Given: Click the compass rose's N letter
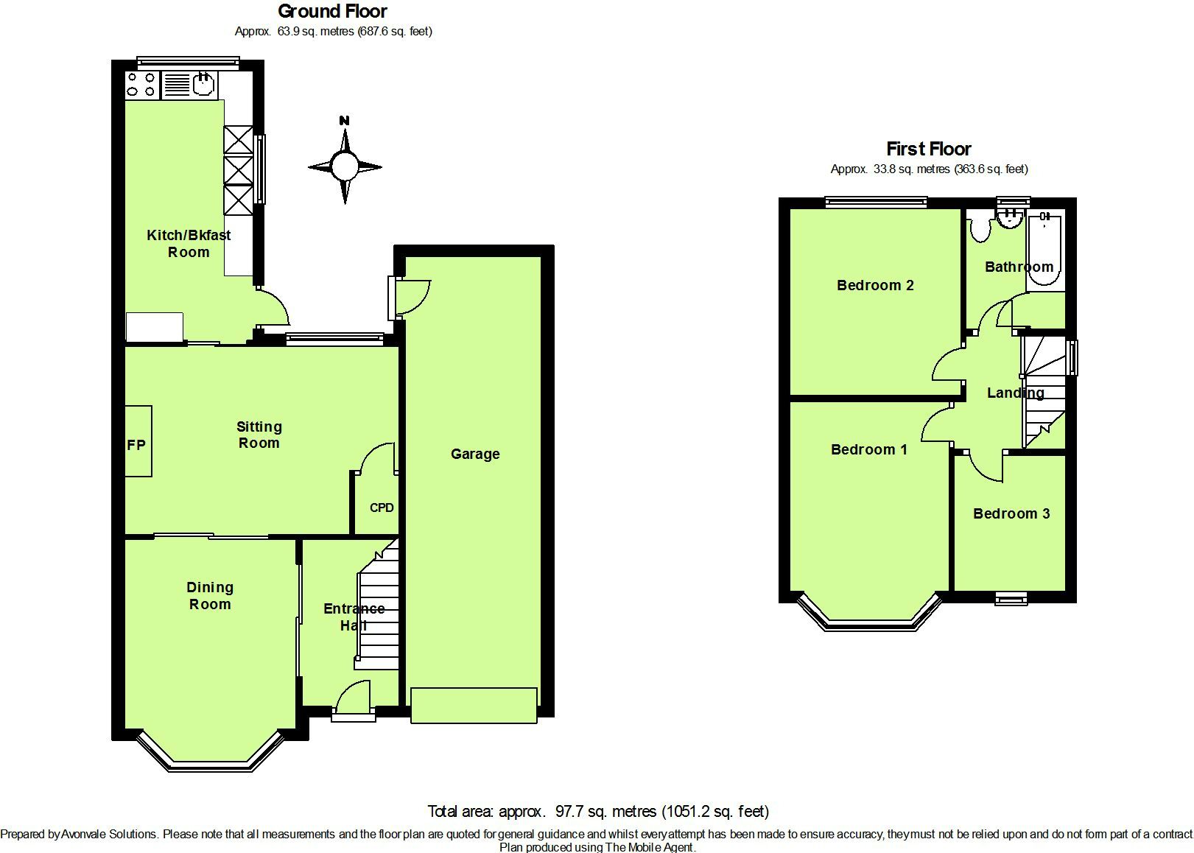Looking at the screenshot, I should pyautogui.click(x=344, y=121).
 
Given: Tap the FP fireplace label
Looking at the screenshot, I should pyautogui.click(x=136, y=445).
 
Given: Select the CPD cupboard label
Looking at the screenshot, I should pyautogui.click(x=382, y=508).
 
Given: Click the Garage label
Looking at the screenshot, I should pyautogui.click(x=475, y=454).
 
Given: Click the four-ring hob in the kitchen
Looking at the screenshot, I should pyautogui.click(x=141, y=84).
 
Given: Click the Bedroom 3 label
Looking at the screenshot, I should pyautogui.click(x=1011, y=513).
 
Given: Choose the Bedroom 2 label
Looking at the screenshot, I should pyautogui.click(x=875, y=285).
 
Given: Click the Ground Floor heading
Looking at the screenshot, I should pyautogui.click(x=332, y=11).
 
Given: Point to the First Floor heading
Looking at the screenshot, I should pyautogui.click(x=928, y=149).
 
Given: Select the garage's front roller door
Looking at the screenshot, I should pyautogui.click(x=474, y=705).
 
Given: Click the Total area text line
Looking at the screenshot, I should pyautogui.click(x=598, y=811).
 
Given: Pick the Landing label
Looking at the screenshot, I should pyautogui.click(x=1015, y=393).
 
